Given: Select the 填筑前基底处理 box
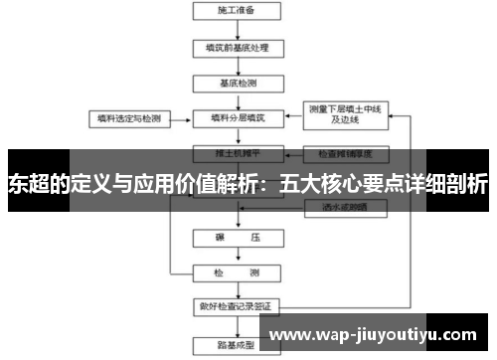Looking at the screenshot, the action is [x=236, y=47].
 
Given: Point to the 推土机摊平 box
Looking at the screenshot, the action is [x=236, y=154].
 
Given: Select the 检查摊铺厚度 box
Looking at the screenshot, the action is [x=344, y=154].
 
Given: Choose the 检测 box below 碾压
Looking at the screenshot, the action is [x=236, y=272].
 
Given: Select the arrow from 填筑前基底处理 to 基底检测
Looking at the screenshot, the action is [x=236, y=65].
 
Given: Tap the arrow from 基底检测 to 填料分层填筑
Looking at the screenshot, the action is [x=236, y=99].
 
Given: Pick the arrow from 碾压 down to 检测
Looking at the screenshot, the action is [x=236, y=258].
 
